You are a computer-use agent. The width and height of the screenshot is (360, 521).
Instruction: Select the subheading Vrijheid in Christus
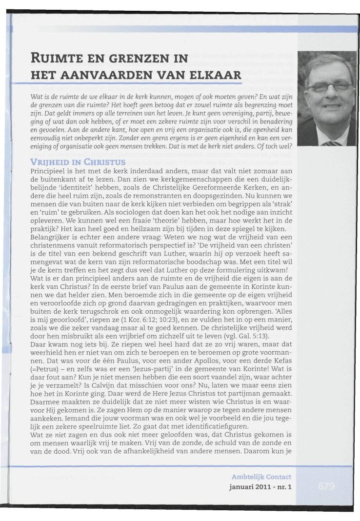78,161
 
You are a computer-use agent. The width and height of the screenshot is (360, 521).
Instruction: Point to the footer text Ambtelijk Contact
261,477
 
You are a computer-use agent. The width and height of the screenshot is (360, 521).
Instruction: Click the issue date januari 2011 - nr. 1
260,486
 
